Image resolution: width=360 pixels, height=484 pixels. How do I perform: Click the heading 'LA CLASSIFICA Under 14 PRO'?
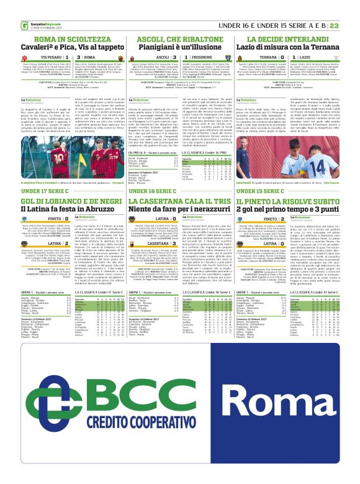[204, 152]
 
